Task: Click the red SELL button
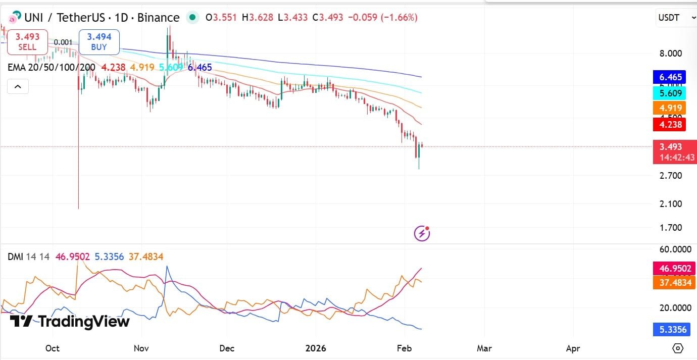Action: [x=27, y=42]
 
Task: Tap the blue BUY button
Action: [x=99, y=42]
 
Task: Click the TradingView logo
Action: [x=70, y=321]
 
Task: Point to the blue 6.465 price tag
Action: [x=670, y=77]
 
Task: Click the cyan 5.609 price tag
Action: [x=670, y=93]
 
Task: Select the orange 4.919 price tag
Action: [x=670, y=108]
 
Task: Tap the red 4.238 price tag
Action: [x=670, y=124]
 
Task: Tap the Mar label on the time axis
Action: [x=484, y=348]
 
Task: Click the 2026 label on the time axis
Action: [x=316, y=348]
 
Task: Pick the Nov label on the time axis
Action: [x=141, y=348]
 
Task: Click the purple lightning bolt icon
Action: [x=422, y=233]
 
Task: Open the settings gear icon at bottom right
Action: [x=678, y=348]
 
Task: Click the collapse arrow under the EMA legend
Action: [x=18, y=87]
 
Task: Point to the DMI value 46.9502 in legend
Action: [x=73, y=257]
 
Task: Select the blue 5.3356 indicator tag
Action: [x=670, y=330]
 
